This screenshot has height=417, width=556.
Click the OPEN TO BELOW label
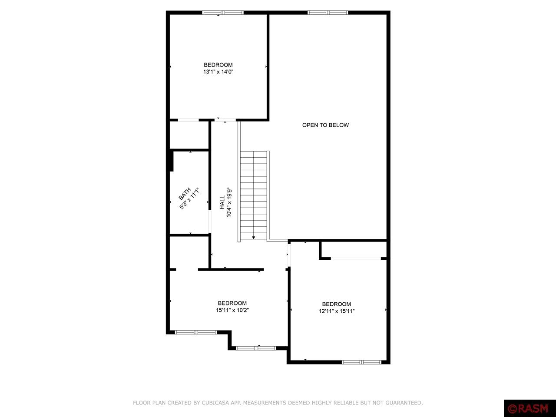pos(325,125)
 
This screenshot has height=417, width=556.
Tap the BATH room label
pos(185,194)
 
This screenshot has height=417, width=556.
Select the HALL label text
pos(222,202)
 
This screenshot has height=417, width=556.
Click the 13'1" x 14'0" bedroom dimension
pos(218,72)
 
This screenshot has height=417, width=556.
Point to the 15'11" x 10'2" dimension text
pos(232,310)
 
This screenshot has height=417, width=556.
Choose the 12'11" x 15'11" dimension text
pos(337,311)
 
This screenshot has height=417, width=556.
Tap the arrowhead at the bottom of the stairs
pos(254,238)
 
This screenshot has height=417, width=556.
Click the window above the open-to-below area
pos(328,13)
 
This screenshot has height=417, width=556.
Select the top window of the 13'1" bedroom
pos(223,13)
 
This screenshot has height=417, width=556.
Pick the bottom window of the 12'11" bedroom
pos(361,362)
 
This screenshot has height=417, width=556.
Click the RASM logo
pos(530,408)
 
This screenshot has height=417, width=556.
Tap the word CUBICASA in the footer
pos(216,403)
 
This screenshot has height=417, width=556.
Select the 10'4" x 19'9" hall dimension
pos(229,202)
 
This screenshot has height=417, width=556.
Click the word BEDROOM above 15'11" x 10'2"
pos(232,303)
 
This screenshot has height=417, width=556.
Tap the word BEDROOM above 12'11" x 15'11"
pos(337,304)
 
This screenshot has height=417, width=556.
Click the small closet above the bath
pos(189,135)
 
